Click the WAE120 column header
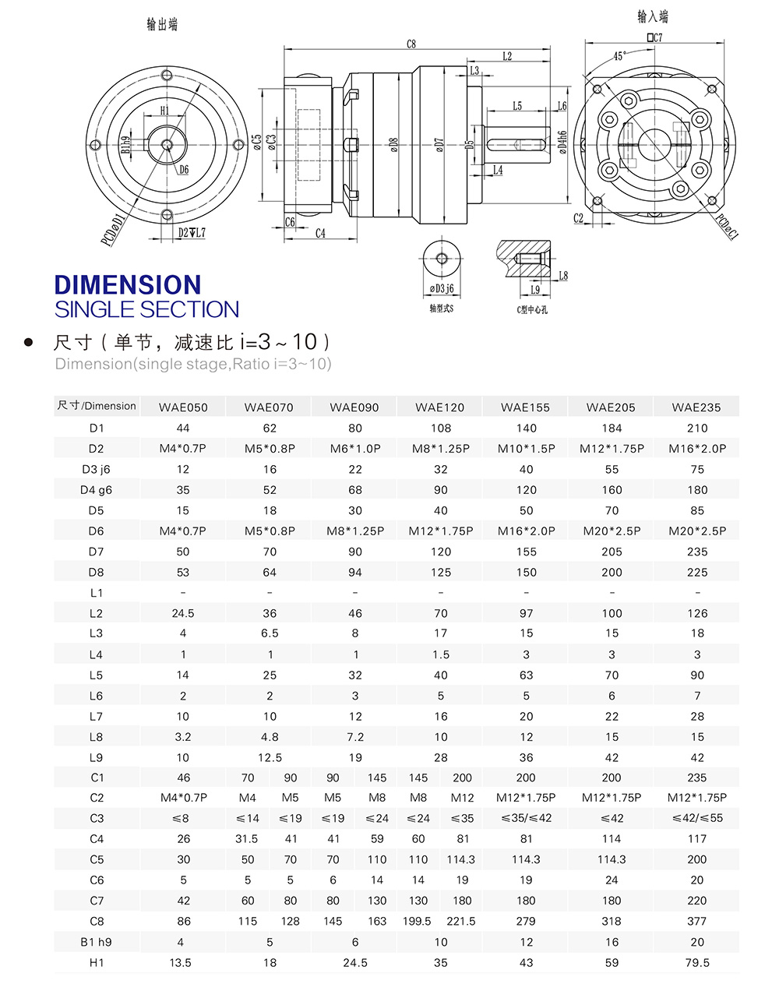pos(440,407)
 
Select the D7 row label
pos(97,552)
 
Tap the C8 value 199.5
pos(418,921)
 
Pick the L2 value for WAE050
pos(183,613)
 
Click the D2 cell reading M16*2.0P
pos(697,448)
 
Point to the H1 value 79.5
pos(697,962)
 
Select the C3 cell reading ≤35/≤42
pos(526,818)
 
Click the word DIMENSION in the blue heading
pos(128,284)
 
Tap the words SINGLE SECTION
pos(146,309)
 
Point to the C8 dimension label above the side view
pos(411,44)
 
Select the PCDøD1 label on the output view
pos(112,229)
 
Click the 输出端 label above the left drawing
pos(162,25)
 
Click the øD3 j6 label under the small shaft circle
pos(442,289)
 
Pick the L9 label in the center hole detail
pos(534,290)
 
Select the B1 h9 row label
pos(97,942)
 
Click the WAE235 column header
pos(697,407)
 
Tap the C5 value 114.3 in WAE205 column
pos(612,859)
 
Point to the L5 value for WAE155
pos(526,675)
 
